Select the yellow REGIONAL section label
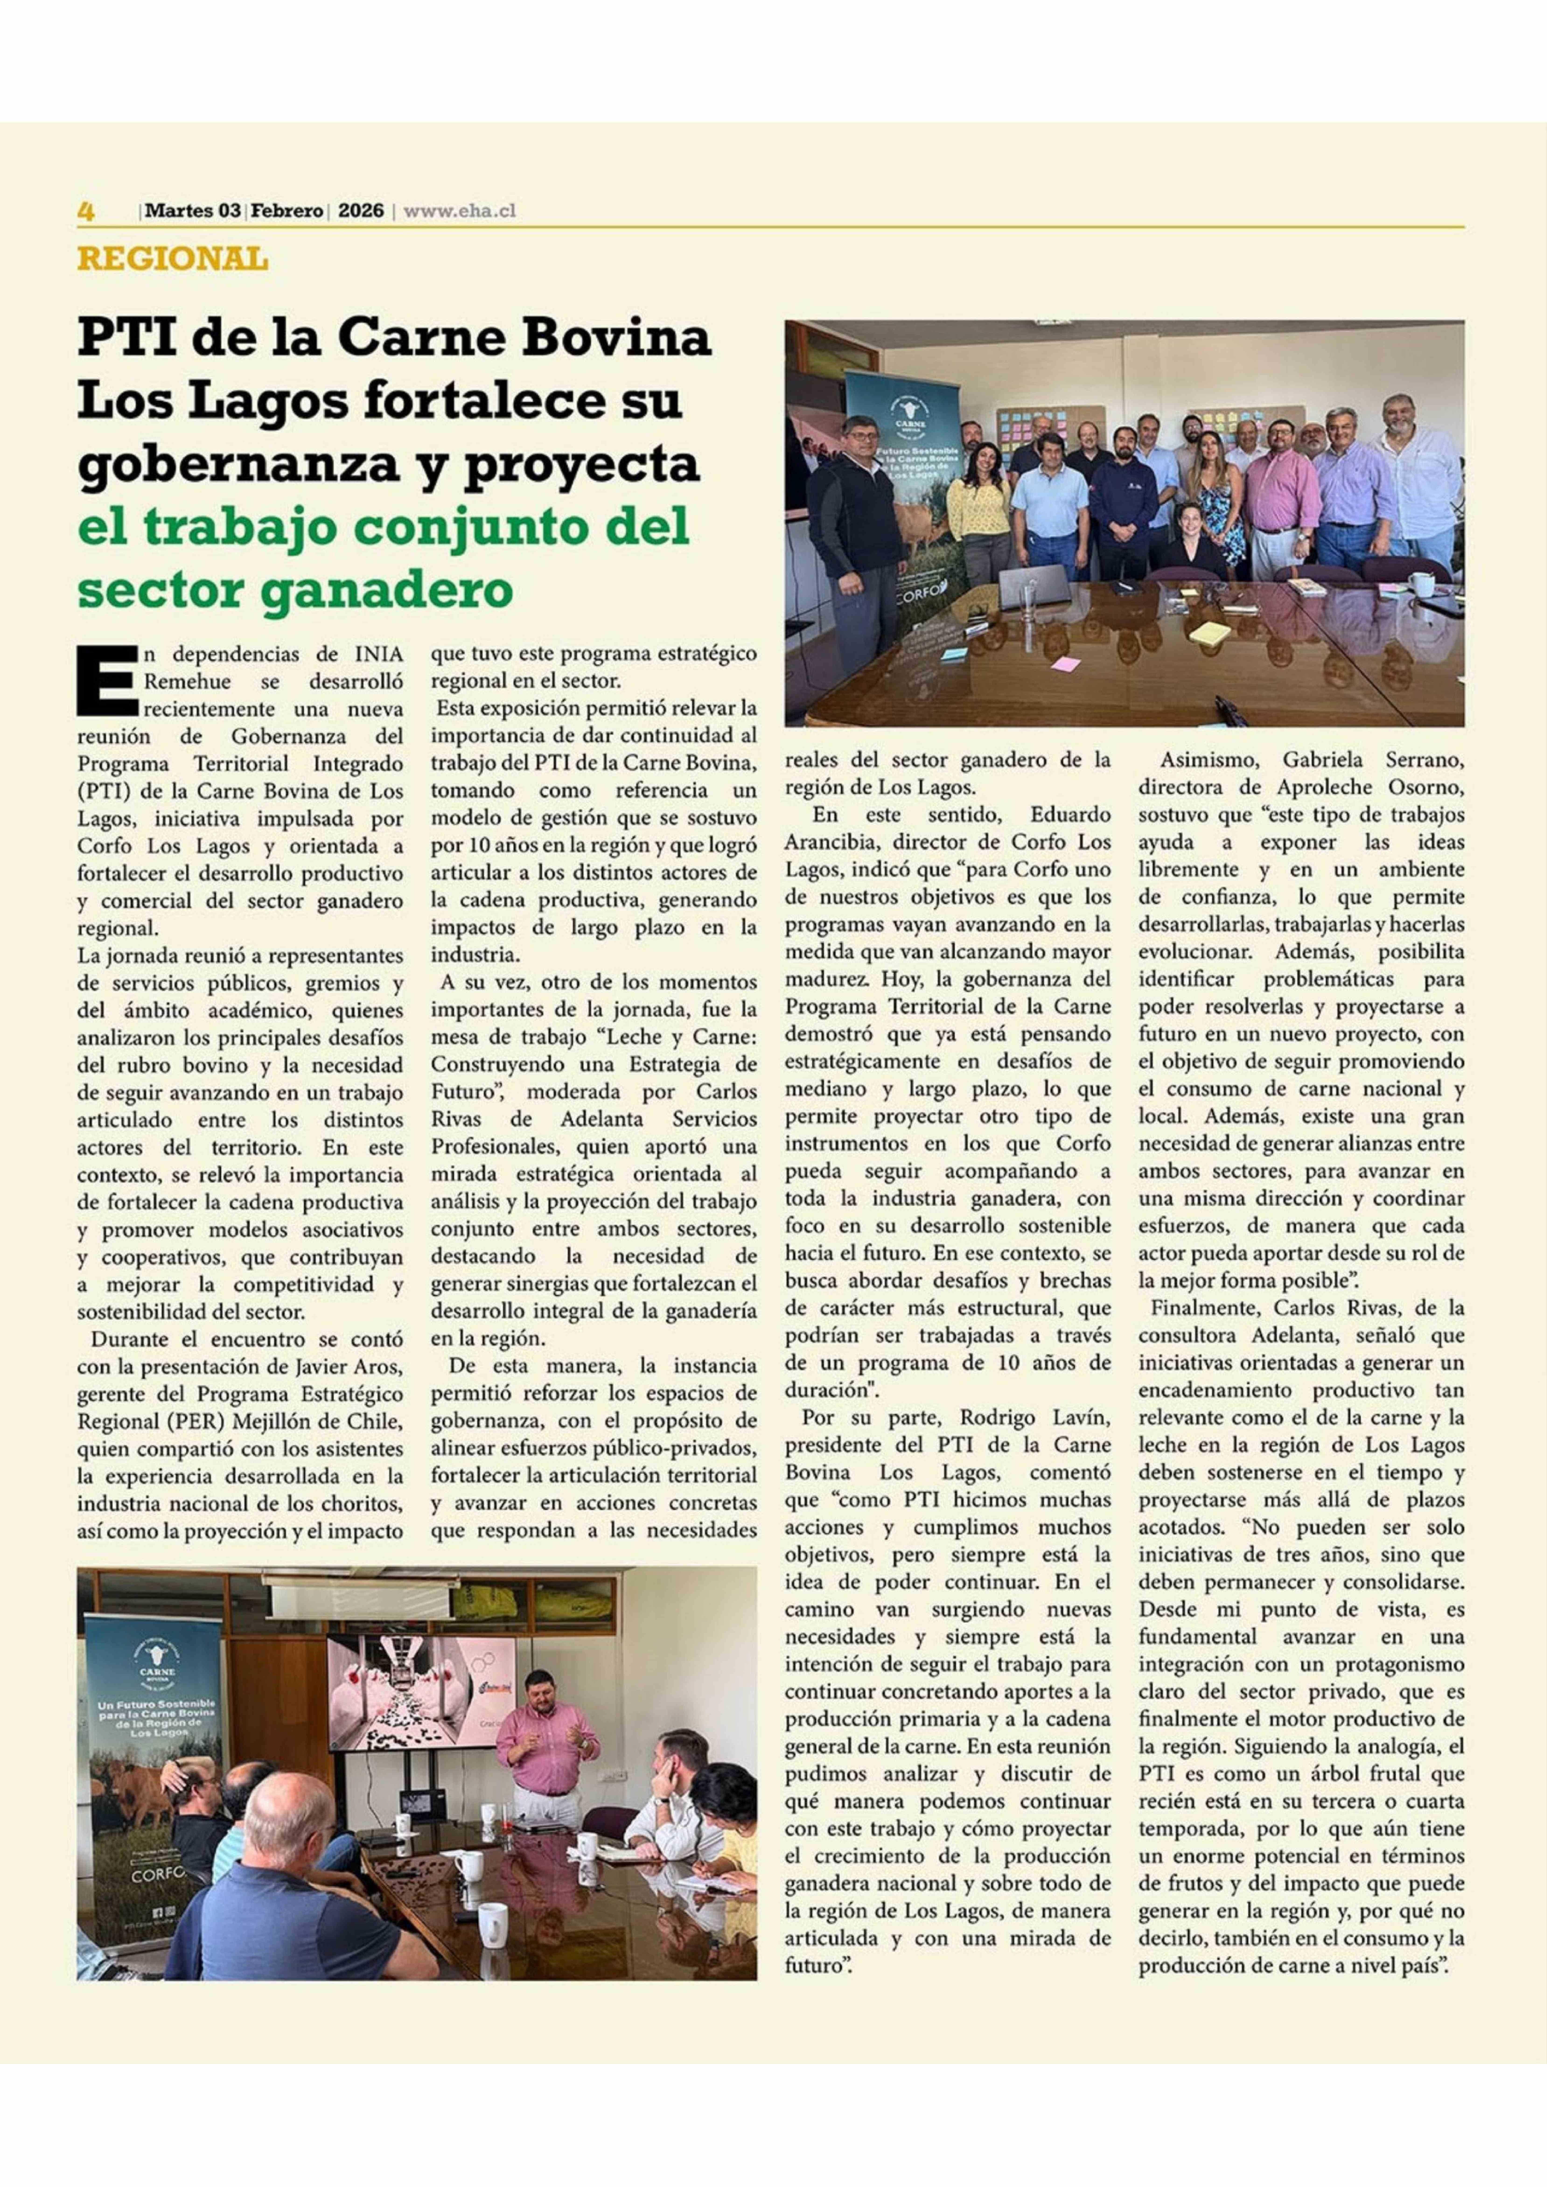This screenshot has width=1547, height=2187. (172, 259)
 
